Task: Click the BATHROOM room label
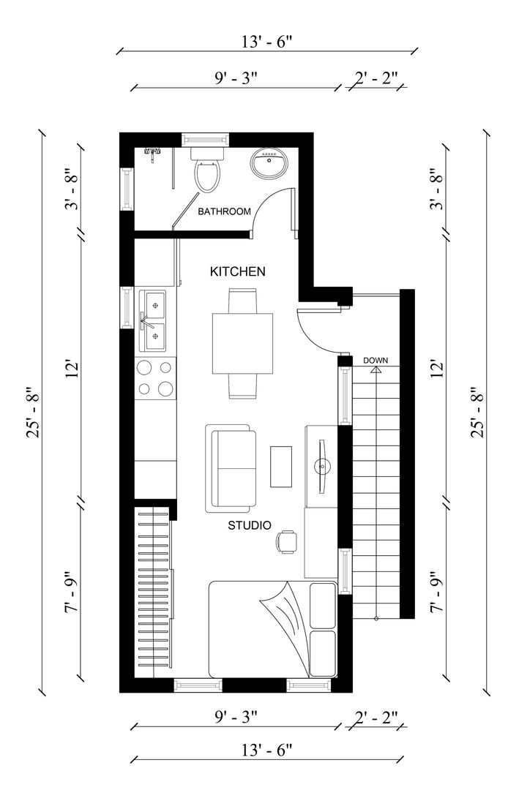tap(224, 211)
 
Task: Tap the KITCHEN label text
tap(237, 271)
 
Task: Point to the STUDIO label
tap(250, 525)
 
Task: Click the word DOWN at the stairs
tap(376, 360)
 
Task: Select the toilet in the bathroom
tap(208, 169)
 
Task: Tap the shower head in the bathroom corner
tap(152, 153)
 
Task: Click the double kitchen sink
tap(154, 321)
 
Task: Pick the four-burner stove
tap(155, 378)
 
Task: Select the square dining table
tap(242, 343)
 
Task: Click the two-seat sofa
tap(231, 468)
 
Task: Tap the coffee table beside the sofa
tap(281, 466)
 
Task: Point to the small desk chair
tap(286, 541)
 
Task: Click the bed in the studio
tap(272, 629)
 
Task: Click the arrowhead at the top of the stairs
tap(376, 369)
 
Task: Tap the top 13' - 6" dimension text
tap(266, 42)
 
